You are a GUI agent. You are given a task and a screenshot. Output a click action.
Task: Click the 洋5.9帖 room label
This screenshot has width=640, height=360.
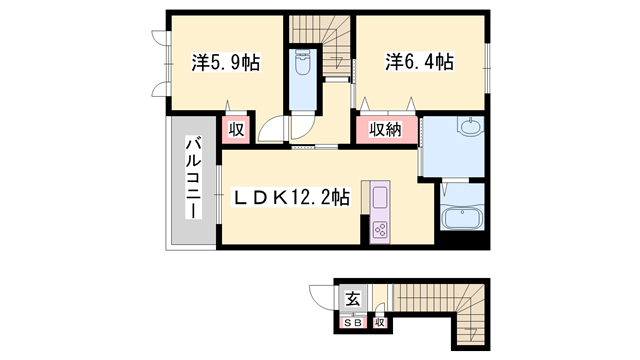tap(226, 63)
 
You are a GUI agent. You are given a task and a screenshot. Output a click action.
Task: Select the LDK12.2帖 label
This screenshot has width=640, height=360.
tap(291, 198)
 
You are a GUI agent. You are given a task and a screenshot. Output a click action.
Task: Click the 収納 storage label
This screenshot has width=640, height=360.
tap(385, 129)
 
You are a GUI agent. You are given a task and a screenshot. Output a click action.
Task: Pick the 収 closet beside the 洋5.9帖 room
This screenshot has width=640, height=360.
tap(236, 129)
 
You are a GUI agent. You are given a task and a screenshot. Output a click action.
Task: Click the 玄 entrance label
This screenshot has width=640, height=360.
tap(352, 298)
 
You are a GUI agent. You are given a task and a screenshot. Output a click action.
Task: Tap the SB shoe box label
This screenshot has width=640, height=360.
tap(352, 323)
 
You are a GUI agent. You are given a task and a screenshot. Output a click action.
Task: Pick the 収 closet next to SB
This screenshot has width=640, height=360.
tap(380, 323)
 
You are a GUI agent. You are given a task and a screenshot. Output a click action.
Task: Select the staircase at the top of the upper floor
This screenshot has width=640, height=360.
tap(320, 31)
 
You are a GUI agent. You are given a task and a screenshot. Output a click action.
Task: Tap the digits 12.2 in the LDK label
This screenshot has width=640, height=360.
tap(314, 198)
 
